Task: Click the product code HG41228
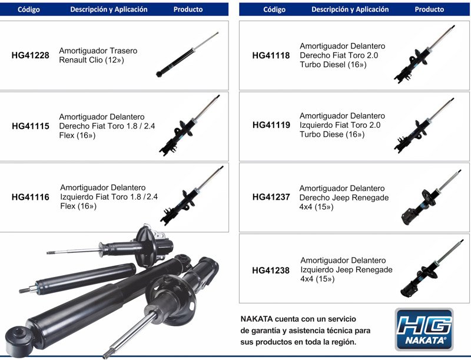click(x=31, y=55)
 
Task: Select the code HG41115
click(x=31, y=126)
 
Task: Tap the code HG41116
click(x=31, y=197)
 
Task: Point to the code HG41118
click(x=271, y=55)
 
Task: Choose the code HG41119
click(x=271, y=125)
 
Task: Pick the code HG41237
click(x=271, y=197)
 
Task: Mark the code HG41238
click(x=271, y=270)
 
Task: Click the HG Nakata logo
click(x=424, y=329)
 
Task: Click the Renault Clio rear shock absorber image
click(x=187, y=54)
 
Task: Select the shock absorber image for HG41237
click(x=431, y=197)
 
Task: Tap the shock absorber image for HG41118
click(x=424, y=54)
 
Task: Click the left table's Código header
click(x=29, y=9)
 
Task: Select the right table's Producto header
click(x=429, y=9)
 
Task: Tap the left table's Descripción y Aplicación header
click(x=109, y=9)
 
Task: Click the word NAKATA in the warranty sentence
click(x=257, y=319)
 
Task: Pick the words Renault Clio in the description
click(x=81, y=60)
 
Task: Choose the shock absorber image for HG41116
click(x=192, y=196)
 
